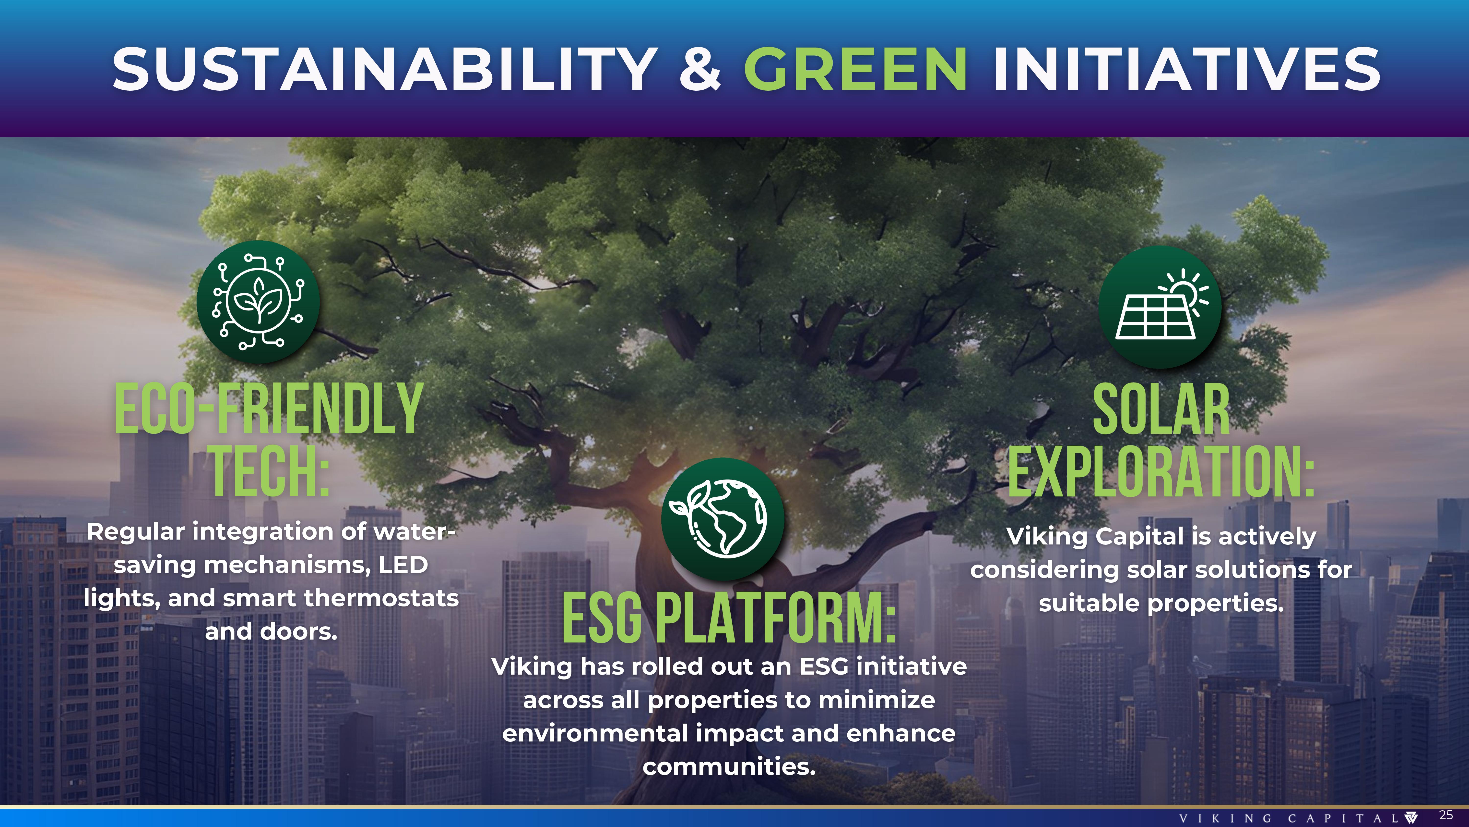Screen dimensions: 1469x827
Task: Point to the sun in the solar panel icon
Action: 1187,291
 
